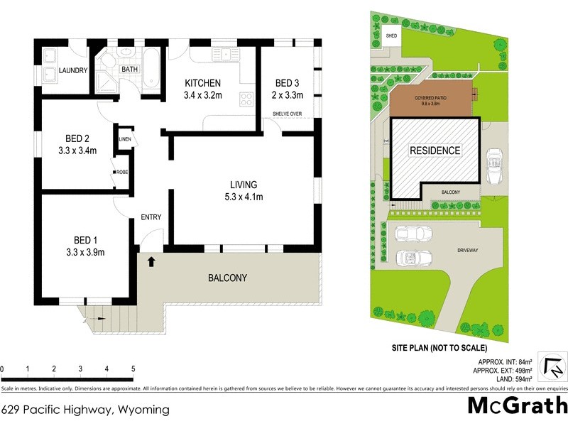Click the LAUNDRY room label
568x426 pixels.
pos(73,70)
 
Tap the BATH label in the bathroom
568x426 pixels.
pos(130,69)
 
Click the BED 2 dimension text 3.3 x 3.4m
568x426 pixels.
pos(77,150)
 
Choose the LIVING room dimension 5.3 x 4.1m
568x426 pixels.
pos(243,197)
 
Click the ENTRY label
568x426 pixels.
pos(151,217)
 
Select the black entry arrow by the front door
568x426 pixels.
pos(151,262)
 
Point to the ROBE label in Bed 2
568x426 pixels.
pos(122,172)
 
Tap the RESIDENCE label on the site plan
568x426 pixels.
pos(435,151)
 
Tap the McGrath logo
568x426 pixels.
pos(518,406)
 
